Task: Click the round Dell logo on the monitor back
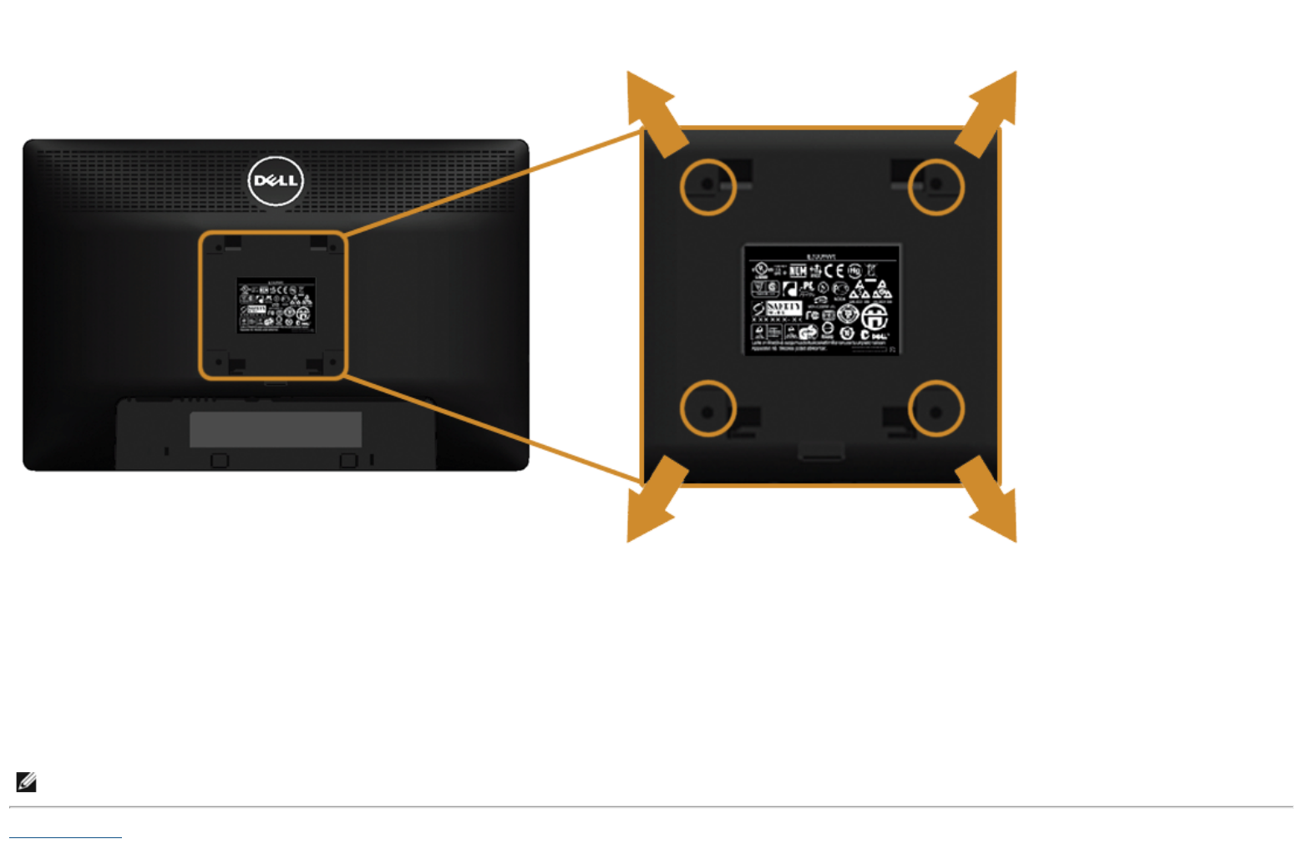pos(276,181)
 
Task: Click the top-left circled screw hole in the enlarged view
pos(707,186)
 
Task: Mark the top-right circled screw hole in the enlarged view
pos(935,186)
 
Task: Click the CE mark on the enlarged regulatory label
pos(834,270)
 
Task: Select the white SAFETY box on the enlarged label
pos(783,308)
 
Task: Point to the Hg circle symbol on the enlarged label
pos(854,270)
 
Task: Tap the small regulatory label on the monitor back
pos(276,306)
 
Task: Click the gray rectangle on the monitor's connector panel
pos(276,429)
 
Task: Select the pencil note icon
pos(27,782)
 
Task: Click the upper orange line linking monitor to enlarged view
pos(493,181)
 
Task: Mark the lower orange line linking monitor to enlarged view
pos(493,429)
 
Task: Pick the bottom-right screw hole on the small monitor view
pos(332,362)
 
